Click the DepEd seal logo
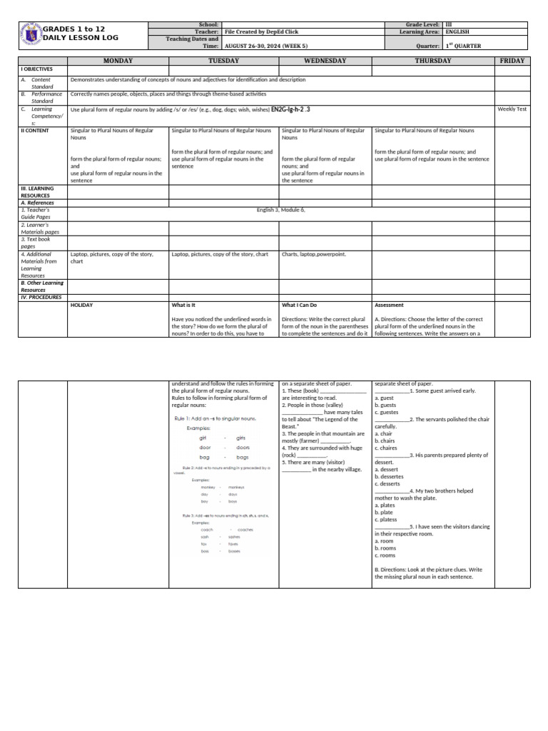[x=31, y=34]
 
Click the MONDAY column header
[x=118, y=61]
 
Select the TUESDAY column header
[x=223, y=61]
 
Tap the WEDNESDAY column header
[x=325, y=61]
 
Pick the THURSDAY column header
[x=433, y=61]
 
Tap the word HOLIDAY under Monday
[x=82, y=306]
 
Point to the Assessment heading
[x=390, y=306]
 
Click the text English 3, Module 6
[x=280, y=210]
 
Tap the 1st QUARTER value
[x=463, y=46]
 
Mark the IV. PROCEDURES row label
[x=41, y=297]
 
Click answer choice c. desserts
[x=389, y=484]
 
